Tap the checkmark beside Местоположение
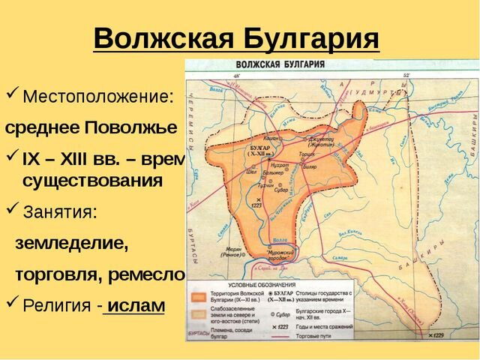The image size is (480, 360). (x=13, y=96)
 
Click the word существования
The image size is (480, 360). (x=92, y=181)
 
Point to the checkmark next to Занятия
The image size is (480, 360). (x=13, y=211)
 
